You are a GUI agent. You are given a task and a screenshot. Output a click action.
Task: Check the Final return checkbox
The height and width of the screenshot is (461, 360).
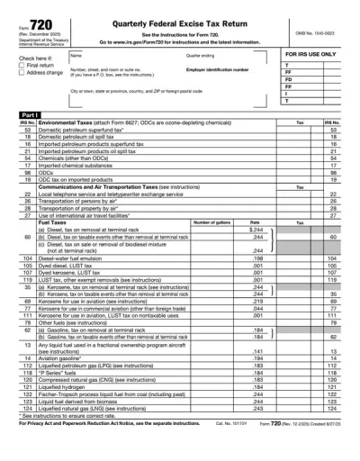click(22, 65)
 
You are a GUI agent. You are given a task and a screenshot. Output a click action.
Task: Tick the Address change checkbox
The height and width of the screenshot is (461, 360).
click(22, 72)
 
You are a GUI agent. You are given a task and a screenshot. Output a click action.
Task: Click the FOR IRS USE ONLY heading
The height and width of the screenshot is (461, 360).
click(311, 55)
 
